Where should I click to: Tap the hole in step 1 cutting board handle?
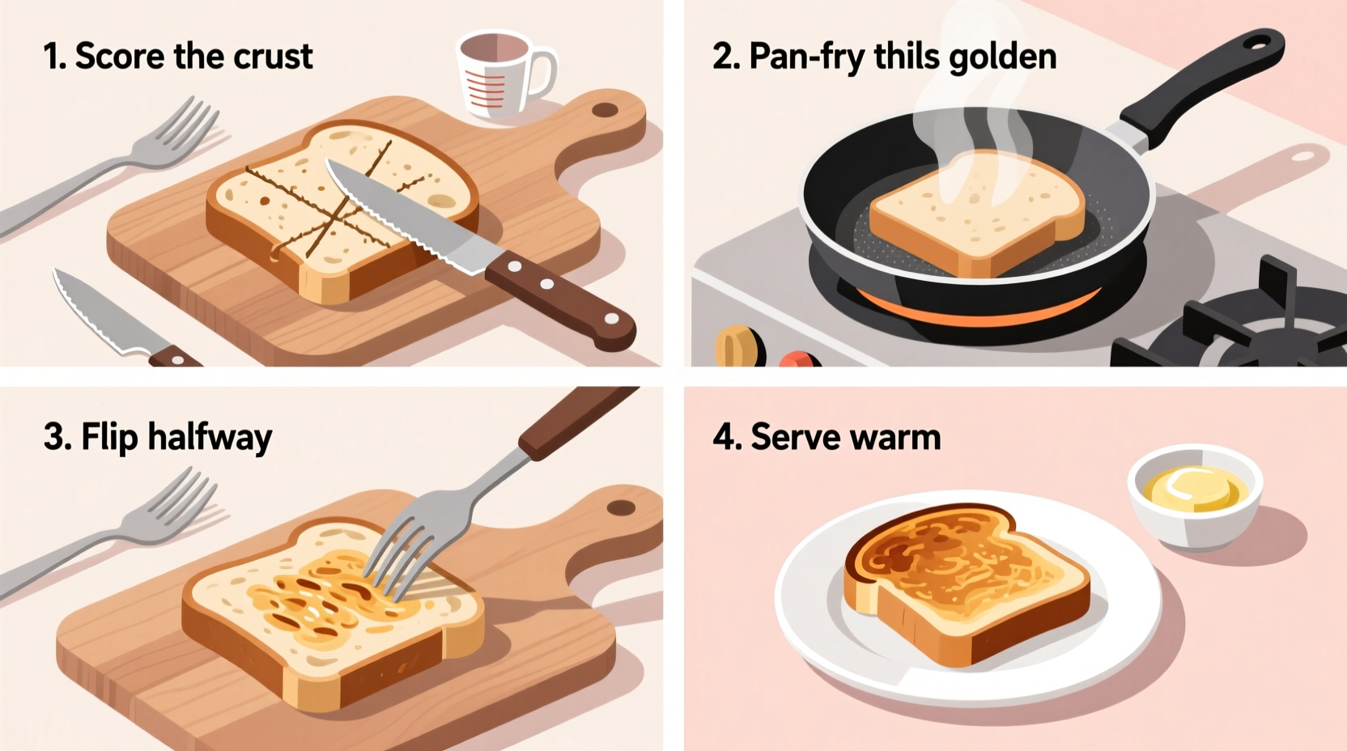(x=604, y=110)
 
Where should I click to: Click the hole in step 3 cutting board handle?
(x=621, y=509)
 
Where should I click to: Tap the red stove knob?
(x=798, y=359)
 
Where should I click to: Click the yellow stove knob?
(x=737, y=346)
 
